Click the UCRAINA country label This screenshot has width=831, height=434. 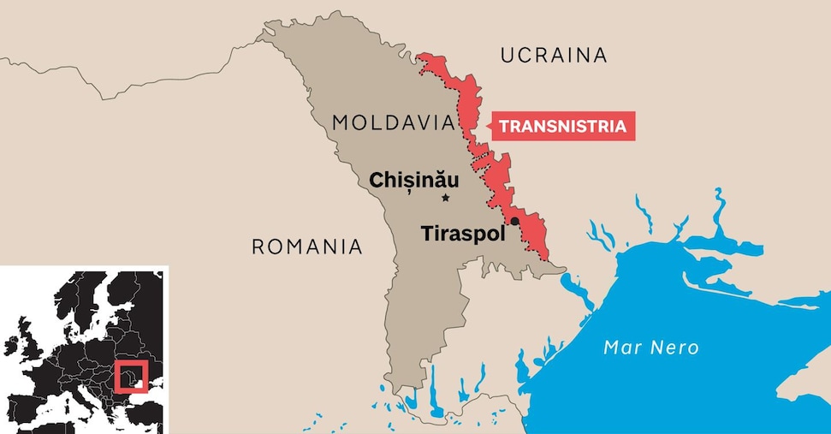pyautogui.click(x=553, y=56)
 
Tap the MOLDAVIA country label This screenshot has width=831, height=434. pyautogui.click(x=392, y=123)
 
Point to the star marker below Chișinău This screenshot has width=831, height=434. pyautogui.click(x=445, y=199)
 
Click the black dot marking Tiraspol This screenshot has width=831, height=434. pyautogui.click(x=515, y=221)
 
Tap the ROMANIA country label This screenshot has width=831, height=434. pyautogui.click(x=306, y=247)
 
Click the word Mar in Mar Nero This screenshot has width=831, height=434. pyautogui.click(x=621, y=348)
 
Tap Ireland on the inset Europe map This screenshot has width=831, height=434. pyautogui.click(x=11, y=346)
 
